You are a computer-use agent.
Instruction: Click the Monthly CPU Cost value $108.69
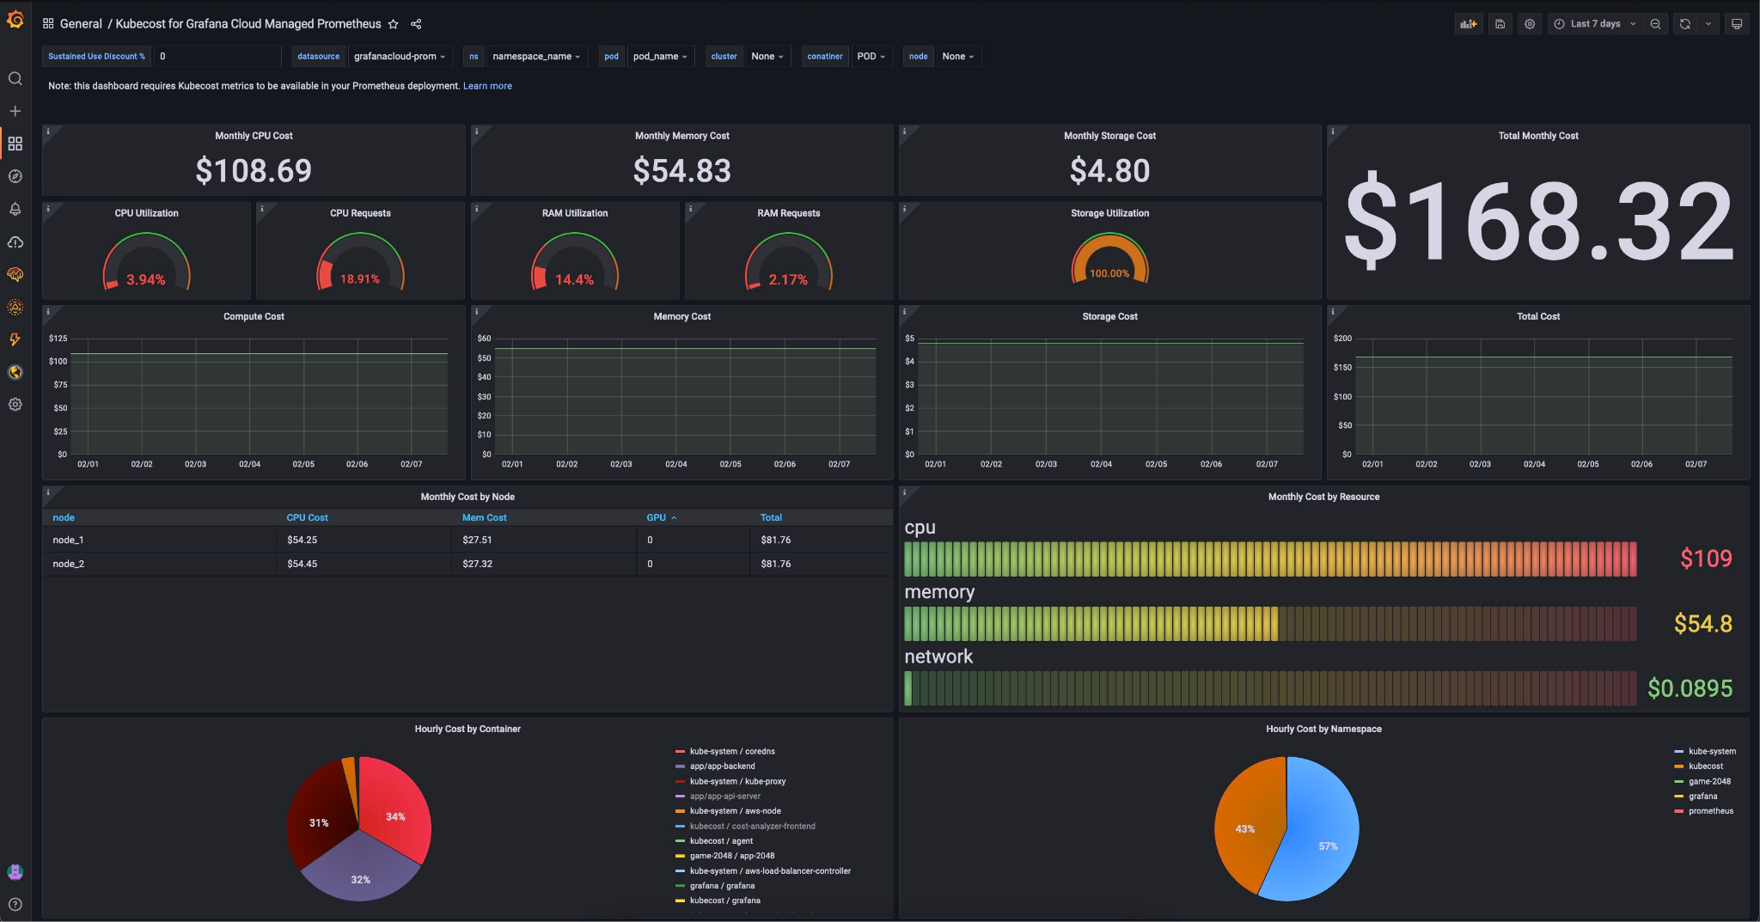point(254,170)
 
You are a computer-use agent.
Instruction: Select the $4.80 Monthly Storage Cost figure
point(1109,170)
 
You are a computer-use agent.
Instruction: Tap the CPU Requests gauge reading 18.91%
point(359,279)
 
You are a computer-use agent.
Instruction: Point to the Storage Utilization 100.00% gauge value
point(1109,273)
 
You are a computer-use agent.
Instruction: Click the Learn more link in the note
point(487,86)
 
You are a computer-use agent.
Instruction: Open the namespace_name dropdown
point(536,57)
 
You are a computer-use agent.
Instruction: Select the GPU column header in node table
point(657,517)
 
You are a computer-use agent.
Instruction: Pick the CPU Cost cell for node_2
point(302,564)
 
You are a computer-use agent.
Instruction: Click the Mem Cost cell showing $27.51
point(477,540)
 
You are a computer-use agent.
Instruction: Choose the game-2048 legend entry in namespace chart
point(1709,781)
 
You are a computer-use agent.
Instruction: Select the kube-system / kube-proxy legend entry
point(737,781)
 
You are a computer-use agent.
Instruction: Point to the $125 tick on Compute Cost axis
point(58,339)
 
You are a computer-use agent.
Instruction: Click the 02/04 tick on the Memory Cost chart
point(675,464)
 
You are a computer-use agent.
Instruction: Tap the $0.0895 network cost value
point(1690,688)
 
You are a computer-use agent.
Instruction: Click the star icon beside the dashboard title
point(394,24)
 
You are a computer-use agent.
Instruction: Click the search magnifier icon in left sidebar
point(15,79)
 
